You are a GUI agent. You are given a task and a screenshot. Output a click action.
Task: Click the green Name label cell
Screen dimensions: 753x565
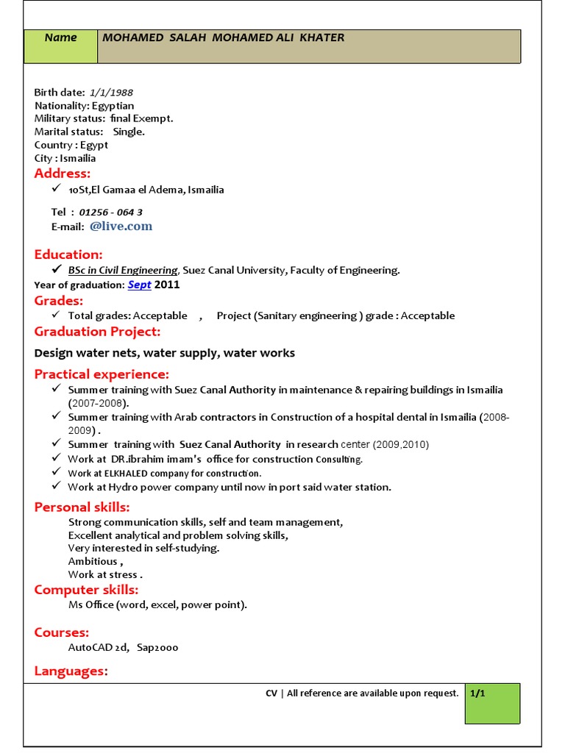tap(61, 46)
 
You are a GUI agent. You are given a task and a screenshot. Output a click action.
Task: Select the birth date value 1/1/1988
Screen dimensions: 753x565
tap(111, 93)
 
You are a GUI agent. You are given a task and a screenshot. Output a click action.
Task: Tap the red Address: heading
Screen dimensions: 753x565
tap(63, 174)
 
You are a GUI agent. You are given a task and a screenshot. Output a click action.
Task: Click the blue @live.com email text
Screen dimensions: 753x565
tap(121, 226)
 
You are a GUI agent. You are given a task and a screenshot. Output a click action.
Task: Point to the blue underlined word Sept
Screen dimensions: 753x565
tap(139, 285)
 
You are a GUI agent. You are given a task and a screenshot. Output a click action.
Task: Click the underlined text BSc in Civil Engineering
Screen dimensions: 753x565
tap(123, 271)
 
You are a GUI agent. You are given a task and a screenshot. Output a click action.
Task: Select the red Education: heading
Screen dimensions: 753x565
tap(68, 254)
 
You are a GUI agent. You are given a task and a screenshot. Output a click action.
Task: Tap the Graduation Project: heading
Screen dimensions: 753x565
tap(97, 332)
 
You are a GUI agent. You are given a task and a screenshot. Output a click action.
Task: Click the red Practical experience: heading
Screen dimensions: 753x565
tap(102, 374)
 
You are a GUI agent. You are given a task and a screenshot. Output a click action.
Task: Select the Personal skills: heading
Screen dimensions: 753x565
tap(82, 507)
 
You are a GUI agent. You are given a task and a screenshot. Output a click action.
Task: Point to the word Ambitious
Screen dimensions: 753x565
tap(93, 561)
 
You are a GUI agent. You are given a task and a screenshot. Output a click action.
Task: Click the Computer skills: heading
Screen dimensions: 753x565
tap(86, 590)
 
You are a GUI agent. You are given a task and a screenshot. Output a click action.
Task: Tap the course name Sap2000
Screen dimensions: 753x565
tap(157, 648)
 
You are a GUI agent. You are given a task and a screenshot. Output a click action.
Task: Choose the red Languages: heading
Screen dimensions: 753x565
tap(71, 671)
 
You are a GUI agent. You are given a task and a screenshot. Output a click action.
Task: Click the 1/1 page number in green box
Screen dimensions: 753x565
tap(478, 693)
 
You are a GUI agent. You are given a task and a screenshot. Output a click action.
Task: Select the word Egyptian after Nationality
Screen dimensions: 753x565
tap(113, 106)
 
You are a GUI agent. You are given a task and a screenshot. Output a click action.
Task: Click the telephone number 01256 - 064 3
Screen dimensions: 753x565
tap(110, 213)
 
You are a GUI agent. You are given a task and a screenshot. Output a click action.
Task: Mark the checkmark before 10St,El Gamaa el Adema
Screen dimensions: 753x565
tap(57, 189)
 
